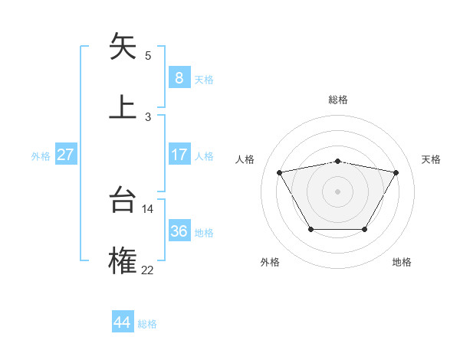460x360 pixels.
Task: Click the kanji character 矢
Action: coord(123,47)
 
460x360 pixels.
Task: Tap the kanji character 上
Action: coord(123,106)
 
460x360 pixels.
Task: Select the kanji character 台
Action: coord(123,201)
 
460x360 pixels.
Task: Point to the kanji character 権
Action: coord(123,260)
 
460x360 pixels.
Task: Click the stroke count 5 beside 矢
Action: coord(148,55)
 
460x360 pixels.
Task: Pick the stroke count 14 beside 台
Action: coord(148,208)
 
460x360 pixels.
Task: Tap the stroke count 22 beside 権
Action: coord(148,269)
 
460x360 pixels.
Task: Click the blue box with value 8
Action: coord(179,78)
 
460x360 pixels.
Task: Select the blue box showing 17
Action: coord(179,155)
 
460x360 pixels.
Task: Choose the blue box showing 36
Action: coord(179,231)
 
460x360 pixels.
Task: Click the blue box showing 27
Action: coord(65,155)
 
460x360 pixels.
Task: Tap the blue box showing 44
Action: coord(122,322)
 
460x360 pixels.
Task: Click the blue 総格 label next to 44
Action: coord(147,324)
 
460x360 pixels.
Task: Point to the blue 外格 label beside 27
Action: coord(41,156)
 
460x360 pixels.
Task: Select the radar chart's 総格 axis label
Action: coord(338,100)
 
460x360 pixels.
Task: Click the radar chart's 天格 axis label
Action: coord(432,159)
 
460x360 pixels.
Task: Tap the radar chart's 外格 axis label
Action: coord(270,263)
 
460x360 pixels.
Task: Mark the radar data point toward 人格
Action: coord(280,172)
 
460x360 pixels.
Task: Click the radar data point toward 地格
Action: coord(365,229)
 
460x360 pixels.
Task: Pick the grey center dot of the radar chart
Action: coord(338,191)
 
